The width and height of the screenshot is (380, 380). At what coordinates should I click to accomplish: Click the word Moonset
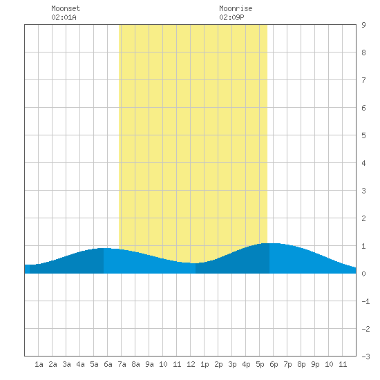point(66,8)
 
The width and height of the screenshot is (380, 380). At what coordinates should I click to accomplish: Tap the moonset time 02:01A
point(64,17)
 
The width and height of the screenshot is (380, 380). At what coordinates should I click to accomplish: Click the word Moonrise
point(236,8)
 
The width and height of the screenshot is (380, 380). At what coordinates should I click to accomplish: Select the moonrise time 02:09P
point(231,17)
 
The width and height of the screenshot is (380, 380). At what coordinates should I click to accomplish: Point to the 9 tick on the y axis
point(363,25)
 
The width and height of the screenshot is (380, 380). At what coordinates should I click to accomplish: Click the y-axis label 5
point(363,135)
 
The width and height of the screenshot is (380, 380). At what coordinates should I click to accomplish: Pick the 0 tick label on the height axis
point(363,274)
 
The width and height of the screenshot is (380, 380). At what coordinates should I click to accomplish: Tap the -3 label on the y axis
point(365,357)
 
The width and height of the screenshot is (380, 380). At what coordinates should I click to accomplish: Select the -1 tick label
point(365,301)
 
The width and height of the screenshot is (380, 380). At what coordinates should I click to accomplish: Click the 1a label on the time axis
point(39,364)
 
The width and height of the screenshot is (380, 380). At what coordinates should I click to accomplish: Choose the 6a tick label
point(108,364)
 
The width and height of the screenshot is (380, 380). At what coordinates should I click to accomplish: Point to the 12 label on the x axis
point(191,364)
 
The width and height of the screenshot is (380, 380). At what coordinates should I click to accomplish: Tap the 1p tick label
point(205,365)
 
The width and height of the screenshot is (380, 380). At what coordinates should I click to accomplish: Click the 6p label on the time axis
point(274,365)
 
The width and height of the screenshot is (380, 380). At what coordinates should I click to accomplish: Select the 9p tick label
point(315,365)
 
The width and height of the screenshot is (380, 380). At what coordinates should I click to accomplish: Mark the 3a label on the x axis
point(66,364)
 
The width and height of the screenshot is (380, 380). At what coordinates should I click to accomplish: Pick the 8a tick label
point(135,364)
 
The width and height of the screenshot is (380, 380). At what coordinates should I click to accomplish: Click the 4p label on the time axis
point(246,365)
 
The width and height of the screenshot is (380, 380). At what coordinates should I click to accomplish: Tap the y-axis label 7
point(363,80)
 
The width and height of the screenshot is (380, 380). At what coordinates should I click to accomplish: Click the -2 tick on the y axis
point(365,329)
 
